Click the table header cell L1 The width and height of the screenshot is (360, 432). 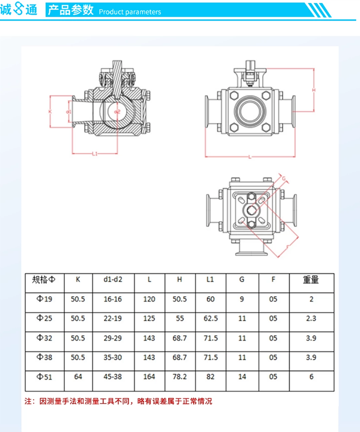[210, 279]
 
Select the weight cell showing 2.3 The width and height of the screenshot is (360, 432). [312, 318]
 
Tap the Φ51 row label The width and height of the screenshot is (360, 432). [44, 377]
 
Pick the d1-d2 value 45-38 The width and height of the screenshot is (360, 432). [113, 377]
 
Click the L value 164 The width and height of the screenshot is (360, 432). [149, 377]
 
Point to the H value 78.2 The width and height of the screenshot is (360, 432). [180, 377]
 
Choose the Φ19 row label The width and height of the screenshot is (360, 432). [44, 299]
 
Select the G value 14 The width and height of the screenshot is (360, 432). [242, 377]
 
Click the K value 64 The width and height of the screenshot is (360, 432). [78, 377]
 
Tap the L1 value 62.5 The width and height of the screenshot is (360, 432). [211, 318]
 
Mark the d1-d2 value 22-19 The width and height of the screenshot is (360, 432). [113, 318]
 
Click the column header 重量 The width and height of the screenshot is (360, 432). [311, 279]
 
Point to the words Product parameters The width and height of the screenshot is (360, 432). [130, 12]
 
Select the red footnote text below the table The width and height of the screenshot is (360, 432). [118, 401]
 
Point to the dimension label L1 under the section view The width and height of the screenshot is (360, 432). [95, 154]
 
